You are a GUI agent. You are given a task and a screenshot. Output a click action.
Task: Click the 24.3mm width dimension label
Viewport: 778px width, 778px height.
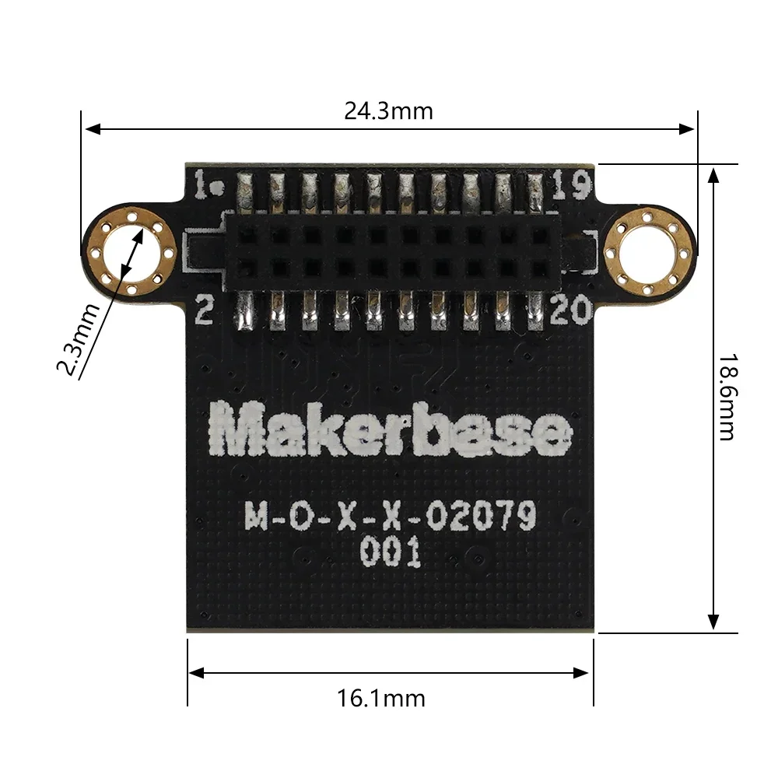point(388,111)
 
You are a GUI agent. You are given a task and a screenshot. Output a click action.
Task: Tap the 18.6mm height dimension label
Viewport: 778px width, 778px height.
point(725,397)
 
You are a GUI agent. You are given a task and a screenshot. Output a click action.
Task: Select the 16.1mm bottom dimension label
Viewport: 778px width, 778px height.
point(381,698)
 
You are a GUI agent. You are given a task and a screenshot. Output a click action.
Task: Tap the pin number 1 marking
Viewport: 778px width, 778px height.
point(206,186)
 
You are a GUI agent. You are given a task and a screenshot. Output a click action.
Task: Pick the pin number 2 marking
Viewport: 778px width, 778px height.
point(205,312)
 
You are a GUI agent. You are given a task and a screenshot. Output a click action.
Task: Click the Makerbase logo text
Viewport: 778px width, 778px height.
point(390,430)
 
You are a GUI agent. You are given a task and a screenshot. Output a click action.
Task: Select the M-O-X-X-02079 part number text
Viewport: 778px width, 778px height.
point(390,515)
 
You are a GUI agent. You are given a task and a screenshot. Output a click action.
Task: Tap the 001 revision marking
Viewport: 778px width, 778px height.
point(390,553)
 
